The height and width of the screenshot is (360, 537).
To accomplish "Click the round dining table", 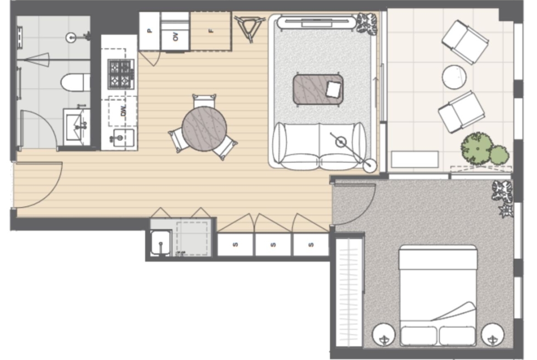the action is pos(204,129).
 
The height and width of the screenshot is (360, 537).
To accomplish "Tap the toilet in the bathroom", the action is pos(75,83).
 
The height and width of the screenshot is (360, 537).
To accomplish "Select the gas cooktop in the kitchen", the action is pos(121,74).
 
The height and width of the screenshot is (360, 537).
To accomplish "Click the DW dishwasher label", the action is pos(123,111).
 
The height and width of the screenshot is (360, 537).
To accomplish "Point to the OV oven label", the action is pos(176,37).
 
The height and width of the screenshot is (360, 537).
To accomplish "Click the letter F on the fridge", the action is pos(211,31).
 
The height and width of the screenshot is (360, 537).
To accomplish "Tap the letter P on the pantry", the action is pos(150,31).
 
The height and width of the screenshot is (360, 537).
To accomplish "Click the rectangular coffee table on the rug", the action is pos(318,89).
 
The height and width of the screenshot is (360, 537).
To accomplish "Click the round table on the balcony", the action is pos(454,77).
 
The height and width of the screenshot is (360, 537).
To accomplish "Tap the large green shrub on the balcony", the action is pos(477,149).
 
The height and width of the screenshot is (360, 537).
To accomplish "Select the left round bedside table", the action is pos(384,334).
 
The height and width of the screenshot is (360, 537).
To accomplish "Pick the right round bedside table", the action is pos(492,334).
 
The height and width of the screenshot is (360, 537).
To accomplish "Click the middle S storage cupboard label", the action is pos(273,245).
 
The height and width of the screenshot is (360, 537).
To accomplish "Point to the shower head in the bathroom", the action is pos(71,38).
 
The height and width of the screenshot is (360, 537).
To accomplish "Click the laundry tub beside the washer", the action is pos(161,243).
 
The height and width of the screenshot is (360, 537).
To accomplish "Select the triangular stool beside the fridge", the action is pos(249,28).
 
